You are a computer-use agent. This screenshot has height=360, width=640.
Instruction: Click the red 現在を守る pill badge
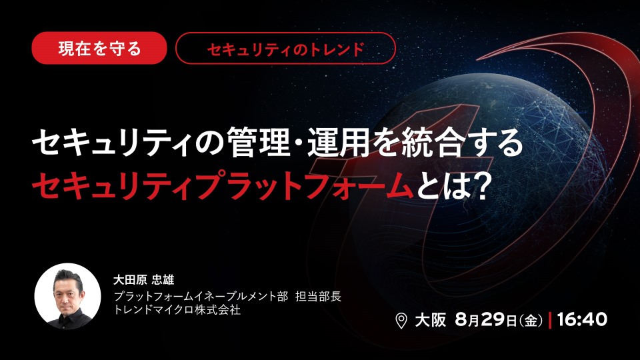pos(99,48)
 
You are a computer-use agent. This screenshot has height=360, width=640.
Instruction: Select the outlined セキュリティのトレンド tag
pos(285,48)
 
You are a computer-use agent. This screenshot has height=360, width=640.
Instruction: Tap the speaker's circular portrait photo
pos(67,296)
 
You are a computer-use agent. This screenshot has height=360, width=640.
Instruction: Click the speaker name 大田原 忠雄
pos(144,279)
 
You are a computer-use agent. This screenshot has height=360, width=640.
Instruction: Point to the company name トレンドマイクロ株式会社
pos(177,309)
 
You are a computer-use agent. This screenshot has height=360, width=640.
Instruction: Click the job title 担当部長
pos(319,296)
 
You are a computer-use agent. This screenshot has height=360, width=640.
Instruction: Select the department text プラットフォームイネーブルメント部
pos(201,296)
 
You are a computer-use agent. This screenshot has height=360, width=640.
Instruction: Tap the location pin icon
pos(401,321)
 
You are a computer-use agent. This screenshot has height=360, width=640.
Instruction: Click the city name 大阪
pos(431,320)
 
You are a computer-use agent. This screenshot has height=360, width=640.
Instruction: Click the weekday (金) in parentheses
pos(531,321)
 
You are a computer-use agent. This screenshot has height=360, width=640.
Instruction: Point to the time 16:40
pos(582,319)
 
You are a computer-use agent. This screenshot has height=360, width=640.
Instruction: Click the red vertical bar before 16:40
pos(550,320)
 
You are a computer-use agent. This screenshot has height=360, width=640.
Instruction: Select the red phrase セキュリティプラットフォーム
pos(223,186)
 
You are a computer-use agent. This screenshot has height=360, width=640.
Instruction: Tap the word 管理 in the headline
pos(259,142)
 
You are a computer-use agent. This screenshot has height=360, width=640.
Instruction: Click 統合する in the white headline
pos(461,142)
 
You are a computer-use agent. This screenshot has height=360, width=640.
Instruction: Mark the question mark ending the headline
pos(481,186)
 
